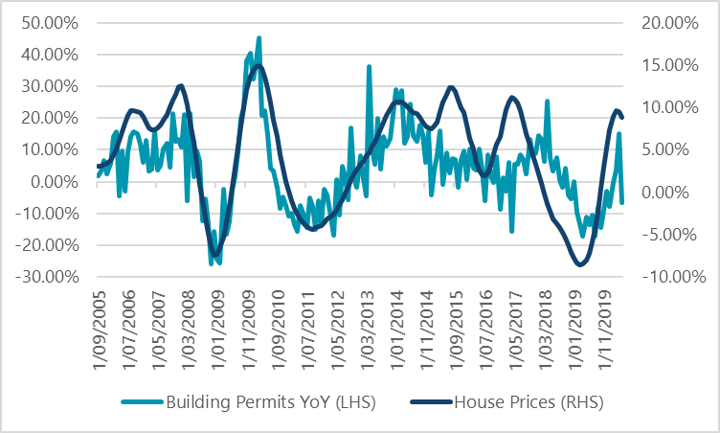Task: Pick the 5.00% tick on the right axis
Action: [667, 150]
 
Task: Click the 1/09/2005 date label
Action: [99, 323]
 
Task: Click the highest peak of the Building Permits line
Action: [259, 38]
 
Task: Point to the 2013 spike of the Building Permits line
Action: [370, 67]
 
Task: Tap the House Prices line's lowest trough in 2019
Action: [580, 264]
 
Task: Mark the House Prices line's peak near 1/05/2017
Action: [513, 97]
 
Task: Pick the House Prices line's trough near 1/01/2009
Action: [216, 255]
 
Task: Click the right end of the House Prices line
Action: [622, 118]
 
